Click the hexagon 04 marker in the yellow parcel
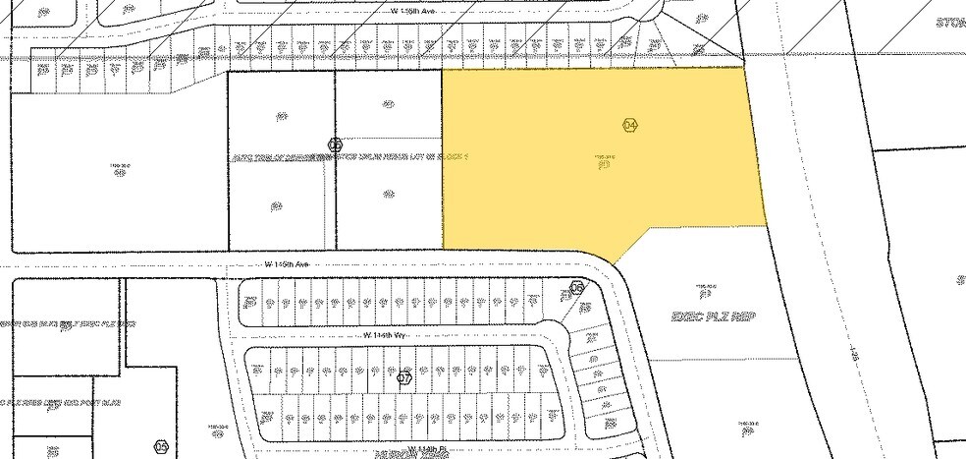pos(630,125)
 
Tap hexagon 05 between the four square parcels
pos(335,144)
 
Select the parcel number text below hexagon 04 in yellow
pos(605,155)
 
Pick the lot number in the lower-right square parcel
pos(388,207)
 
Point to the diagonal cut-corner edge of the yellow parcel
pos(633,246)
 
